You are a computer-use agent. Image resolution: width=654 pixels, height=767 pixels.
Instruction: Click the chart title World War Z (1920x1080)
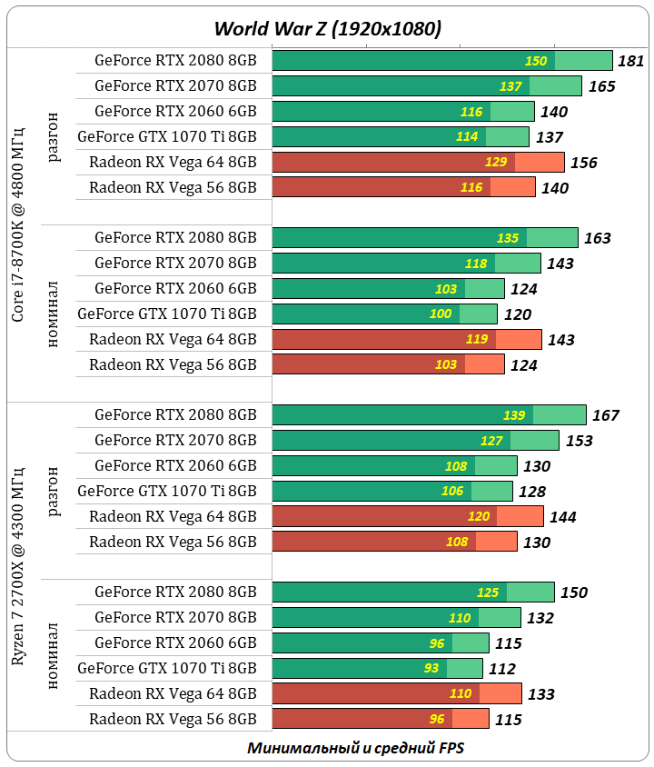(x=327, y=29)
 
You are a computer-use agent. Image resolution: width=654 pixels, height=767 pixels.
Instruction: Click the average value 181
(x=630, y=61)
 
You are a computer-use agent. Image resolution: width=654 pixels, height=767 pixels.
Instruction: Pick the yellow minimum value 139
(x=514, y=415)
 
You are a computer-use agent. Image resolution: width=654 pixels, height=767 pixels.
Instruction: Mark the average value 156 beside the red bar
(x=583, y=163)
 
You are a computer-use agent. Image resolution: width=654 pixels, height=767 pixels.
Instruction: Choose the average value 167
(x=605, y=415)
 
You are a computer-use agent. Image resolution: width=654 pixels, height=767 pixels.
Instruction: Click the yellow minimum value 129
(x=496, y=163)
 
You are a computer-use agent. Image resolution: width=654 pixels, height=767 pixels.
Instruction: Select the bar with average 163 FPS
(x=425, y=238)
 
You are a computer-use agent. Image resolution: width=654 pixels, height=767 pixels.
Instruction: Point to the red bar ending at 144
(x=408, y=517)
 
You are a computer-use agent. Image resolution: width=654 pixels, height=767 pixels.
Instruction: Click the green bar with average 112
(x=377, y=669)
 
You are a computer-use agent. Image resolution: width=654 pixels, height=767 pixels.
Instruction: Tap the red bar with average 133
(x=397, y=694)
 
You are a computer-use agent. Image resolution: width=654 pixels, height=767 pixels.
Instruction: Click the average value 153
(x=579, y=441)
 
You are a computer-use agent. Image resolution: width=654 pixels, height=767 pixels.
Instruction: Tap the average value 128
(x=532, y=492)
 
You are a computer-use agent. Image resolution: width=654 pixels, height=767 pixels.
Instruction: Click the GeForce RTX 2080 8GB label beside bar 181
(x=175, y=61)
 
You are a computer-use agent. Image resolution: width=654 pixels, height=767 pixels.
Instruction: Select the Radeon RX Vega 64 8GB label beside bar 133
(x=173, y=694)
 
